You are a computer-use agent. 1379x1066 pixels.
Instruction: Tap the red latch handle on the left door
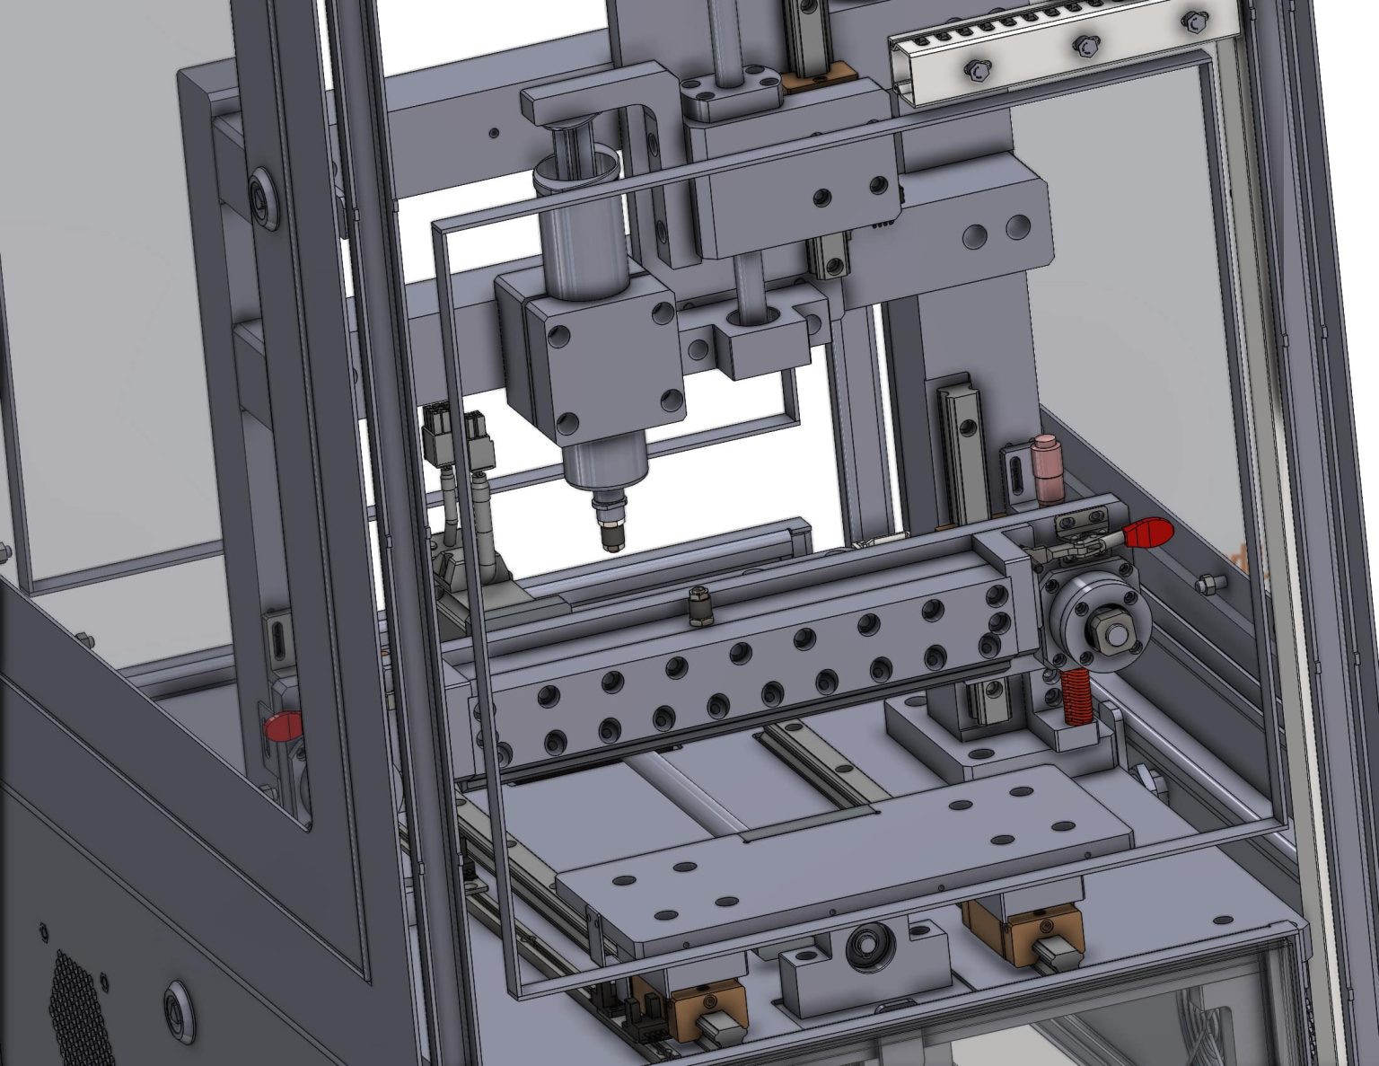click(280, 725)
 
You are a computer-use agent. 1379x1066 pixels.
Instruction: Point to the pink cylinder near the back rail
click(1045, 468)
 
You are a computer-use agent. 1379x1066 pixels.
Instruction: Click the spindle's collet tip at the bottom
click(611, 540)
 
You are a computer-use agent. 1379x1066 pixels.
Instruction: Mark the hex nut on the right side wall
click(1208, 585)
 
